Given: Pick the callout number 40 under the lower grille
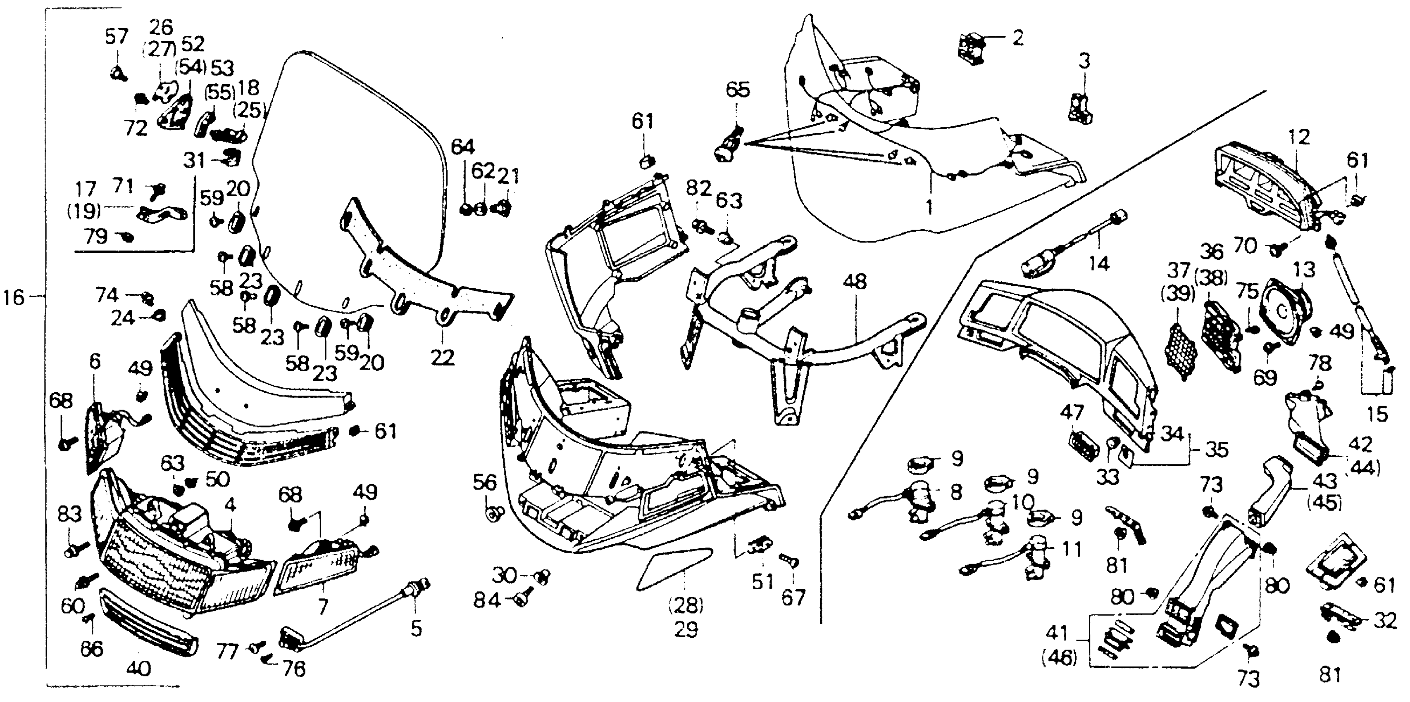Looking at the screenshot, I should [138, 669].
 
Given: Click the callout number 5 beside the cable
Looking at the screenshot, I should [416, 629].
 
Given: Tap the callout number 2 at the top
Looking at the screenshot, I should [1017, 38].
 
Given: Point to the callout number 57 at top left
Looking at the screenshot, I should [116, 37].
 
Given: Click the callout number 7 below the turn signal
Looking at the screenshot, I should [323, 606].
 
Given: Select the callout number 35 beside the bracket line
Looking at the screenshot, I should [1216, 450].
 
